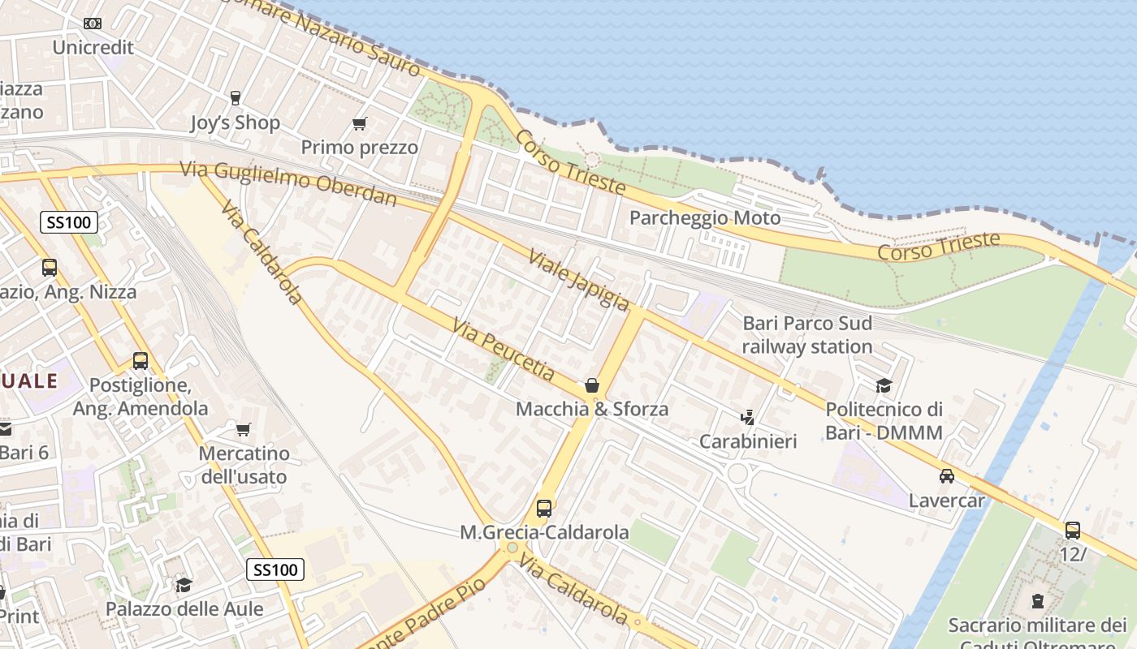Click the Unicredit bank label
coord(93,47)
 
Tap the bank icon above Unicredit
coord(93,24)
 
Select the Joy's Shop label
coord(235,122)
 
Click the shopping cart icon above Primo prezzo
coord(359,123)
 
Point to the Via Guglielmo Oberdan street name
coord(288,183)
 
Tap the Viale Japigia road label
coord(578,280)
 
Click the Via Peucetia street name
coord(504,350)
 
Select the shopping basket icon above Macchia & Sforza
coord(592,385)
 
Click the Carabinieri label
coord(748,441)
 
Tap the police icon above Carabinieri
coord(747,418)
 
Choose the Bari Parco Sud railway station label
coord(807,335)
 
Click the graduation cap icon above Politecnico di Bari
coord(884,385)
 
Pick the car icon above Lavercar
coord(946,476)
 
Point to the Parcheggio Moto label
coord(705,217)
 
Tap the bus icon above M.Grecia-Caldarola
coord(544,509)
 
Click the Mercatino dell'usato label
coord(244,465)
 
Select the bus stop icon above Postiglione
coord(141,361)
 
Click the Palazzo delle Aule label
coord(184,608)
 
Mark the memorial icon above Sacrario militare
coord(1037,601)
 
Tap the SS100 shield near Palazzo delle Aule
coord(275,569)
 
